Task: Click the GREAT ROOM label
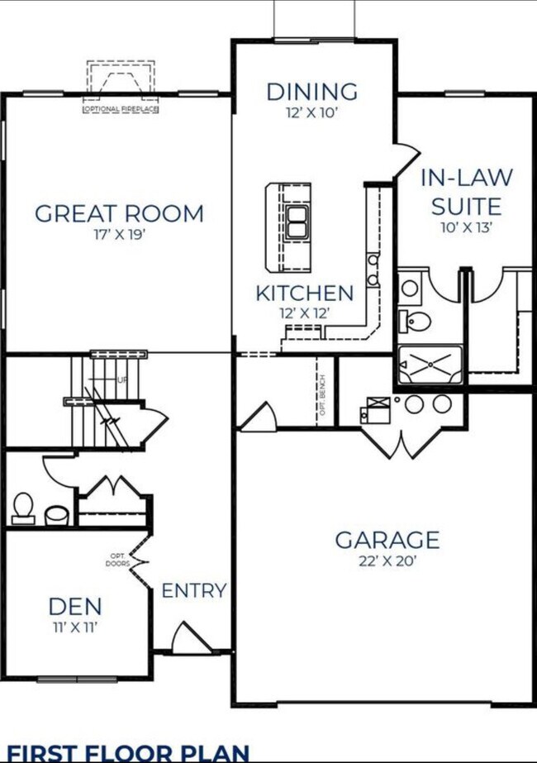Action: (x=119, y=213)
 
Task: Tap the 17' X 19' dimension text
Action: (x=119, y=234)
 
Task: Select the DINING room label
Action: (x=312, y=91)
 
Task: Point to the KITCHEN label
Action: (x=304, y=293)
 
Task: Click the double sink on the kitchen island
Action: (x=297, y=221)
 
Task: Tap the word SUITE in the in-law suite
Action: (x=466, y=206)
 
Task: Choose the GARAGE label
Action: (x=387, y=541)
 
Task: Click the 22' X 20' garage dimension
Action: (x=387, y=561)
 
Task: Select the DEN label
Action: (x=75, y=606)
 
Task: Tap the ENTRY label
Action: (x=193, y=590)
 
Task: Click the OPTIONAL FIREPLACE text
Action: (x=121, y=109)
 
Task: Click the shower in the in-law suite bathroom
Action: (x=429, y=362)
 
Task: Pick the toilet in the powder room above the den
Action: (x=23, y=507)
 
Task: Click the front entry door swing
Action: (x=188, y=638)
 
